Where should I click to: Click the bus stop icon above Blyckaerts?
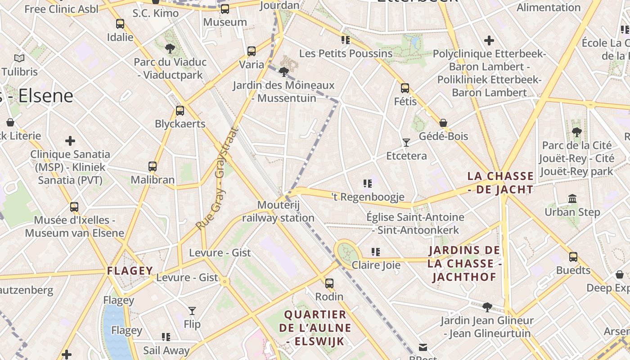[x=180, y=110]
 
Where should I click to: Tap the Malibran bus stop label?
[x=153, y=180]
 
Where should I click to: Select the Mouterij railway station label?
[x=278, y=211]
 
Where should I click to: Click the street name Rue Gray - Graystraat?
[x=217, y=179]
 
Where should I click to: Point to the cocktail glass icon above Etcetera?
[x=406, y=143]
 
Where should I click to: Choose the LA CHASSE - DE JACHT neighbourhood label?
[x=500, y=183]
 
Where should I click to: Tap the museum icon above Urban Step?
[x=572, y=198]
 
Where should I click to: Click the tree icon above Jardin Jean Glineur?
[x=487, y=307]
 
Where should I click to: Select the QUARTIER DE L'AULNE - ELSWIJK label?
[x=315, y=328]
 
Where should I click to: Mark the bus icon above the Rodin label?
[x=329, y=283]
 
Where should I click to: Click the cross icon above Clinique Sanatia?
[x=70, y=141]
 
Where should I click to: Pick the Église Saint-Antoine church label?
[x=415, y=223]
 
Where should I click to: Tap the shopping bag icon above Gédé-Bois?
[x=443, y=123]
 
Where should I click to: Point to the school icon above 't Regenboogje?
[x=368, y=184]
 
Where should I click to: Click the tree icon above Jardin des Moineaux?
[x=283, y=72]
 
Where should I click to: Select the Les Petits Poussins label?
[x=346, y=54]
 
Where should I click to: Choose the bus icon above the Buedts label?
[x=573, y=257]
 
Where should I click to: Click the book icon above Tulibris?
[x=19, y=58]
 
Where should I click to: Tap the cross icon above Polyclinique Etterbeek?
[x=489, y=40]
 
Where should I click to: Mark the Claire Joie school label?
[x=376, y=265]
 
